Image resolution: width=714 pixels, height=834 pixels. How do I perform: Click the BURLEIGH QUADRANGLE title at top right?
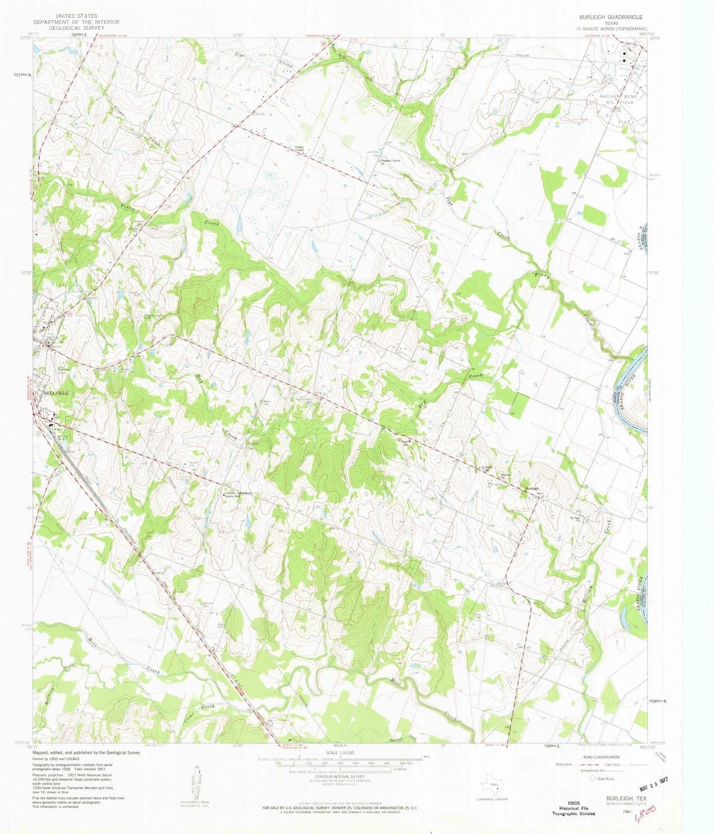(x=607, y=17)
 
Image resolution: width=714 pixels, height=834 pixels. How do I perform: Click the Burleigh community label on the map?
(x=532, y=488)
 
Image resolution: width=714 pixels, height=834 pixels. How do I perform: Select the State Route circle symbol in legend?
(x=592, y=778)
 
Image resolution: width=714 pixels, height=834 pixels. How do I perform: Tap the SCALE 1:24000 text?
(x=340, y=753)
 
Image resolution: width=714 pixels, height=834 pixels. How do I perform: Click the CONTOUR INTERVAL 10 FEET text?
(x=340, y=777)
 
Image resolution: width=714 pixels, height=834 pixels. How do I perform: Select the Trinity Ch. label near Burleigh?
(x=505, y=476)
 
